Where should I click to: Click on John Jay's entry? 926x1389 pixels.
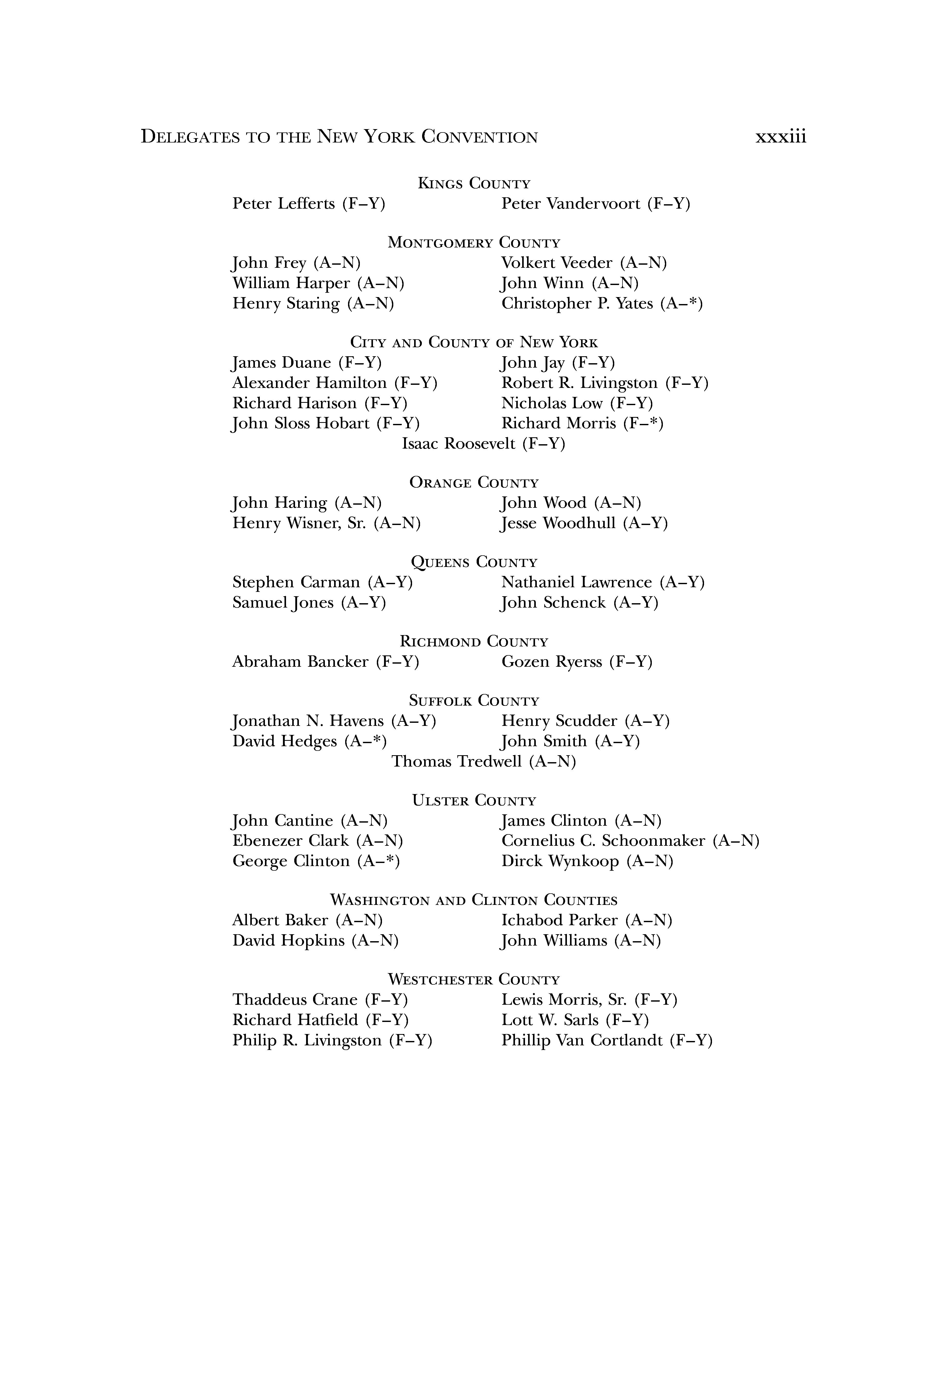[x=557, y=363]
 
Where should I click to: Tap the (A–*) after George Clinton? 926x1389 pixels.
[x=379, y=862]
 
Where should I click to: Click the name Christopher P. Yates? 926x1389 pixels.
[x=577, y=304]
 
